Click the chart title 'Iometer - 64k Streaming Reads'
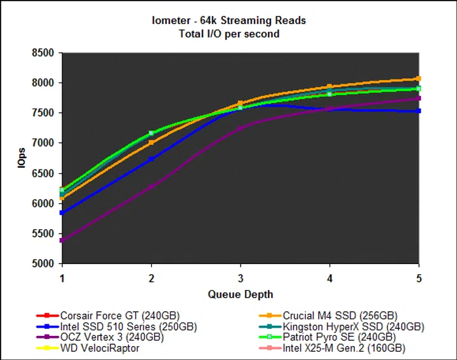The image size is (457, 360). [228, 21]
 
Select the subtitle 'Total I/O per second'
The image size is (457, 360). [228, 33]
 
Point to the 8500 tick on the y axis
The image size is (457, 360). [43, 53]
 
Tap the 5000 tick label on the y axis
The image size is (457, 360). [43, 263]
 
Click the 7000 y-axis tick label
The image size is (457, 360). [43, 143]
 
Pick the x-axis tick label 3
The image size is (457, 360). [241, 278]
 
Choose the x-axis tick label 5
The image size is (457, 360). [418, 278]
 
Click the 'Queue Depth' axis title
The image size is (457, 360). [241, 295]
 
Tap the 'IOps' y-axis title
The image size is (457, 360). [22, 159]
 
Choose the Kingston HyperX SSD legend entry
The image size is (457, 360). [353, 327]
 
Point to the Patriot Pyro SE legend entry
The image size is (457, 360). [339, 338]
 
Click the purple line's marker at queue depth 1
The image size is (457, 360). [62, 241]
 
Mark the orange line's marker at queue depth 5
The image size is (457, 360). [418, 79]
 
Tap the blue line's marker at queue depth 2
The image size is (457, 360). [151, 159]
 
